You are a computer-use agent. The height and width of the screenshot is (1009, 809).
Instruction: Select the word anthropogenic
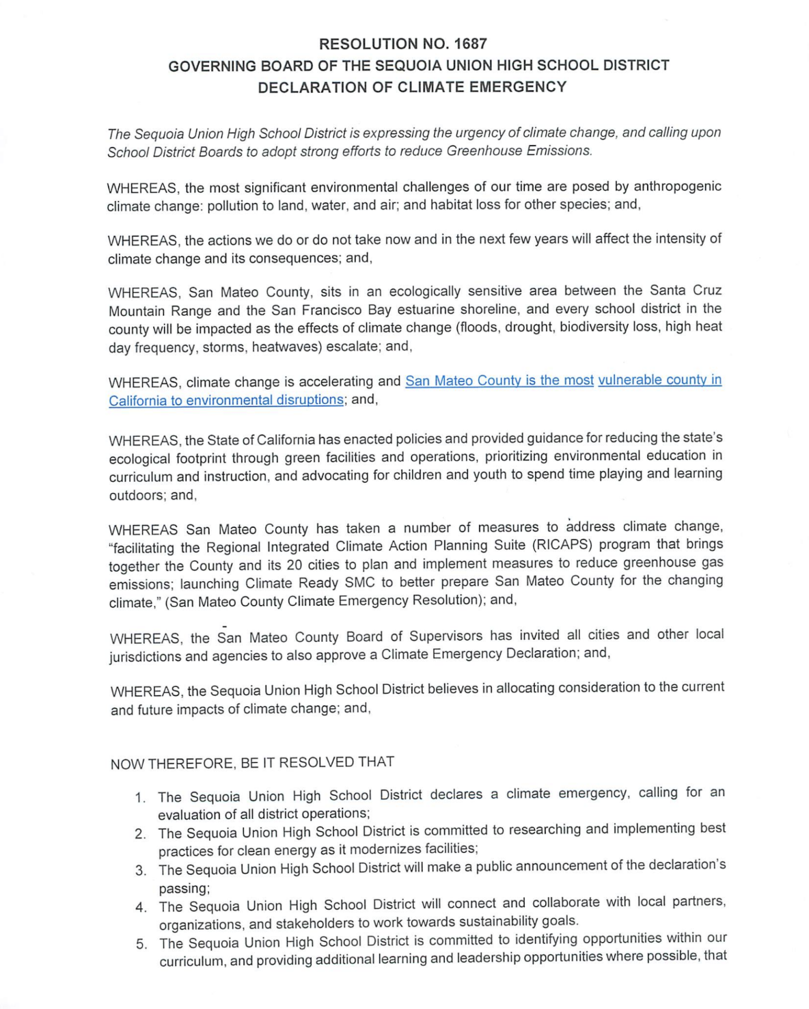[x=677, y=186]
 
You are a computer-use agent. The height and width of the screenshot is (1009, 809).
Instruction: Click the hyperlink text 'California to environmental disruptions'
[x=226, y=400]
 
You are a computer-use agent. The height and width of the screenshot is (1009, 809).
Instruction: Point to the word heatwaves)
[x=288, y=347]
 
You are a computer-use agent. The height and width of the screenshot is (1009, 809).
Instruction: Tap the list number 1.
[x=140, y=798]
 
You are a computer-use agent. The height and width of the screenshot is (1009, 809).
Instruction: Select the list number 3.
[x=141, y=870]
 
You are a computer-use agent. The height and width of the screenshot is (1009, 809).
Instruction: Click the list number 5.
[x=141, y=944]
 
